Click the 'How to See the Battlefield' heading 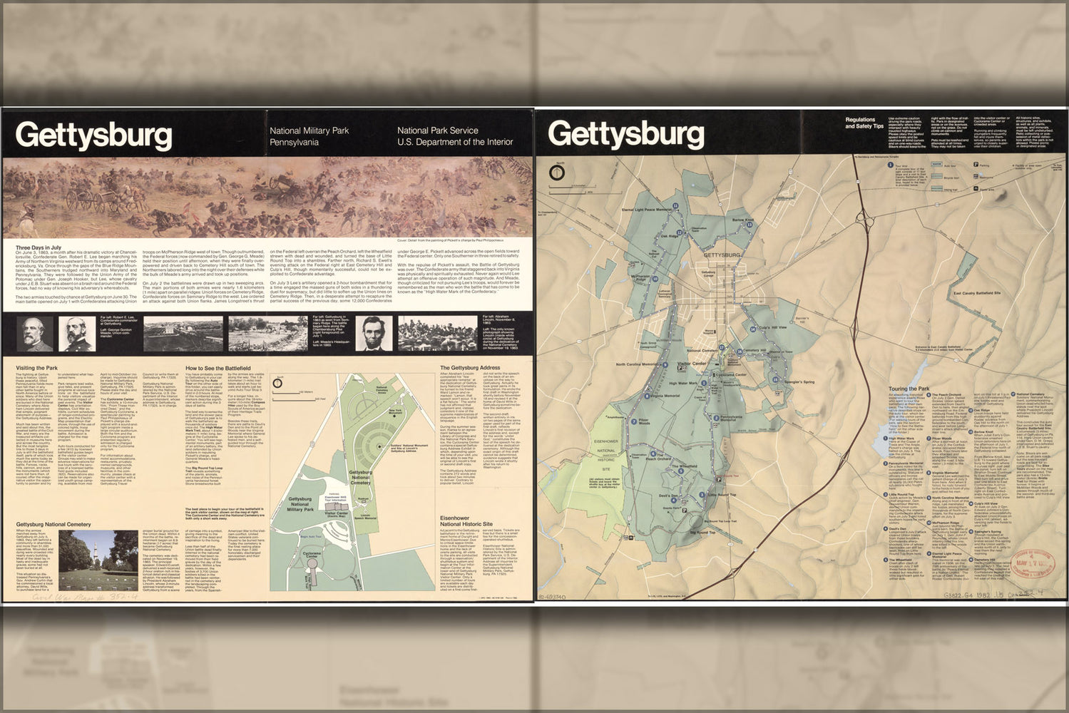(x=218, y=368)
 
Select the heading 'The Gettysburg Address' (x=470, y=368)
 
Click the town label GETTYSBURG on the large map (x=722, y=255)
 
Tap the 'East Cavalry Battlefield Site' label (x=977, y=293)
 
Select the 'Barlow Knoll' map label (x=743, y=220)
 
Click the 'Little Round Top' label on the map (x=722, y=494)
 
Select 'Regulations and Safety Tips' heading (x=864, y=123)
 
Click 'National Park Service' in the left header (x=437, y=130)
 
